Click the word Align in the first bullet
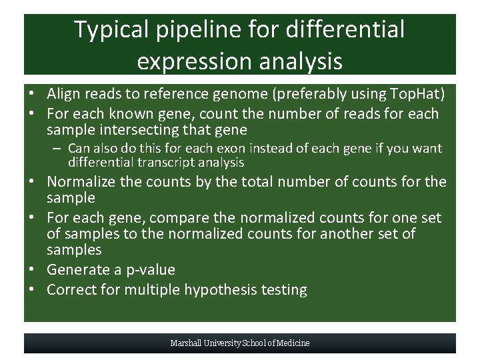63,94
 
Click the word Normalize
81,182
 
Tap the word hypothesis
229,290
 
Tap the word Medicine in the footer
293,343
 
